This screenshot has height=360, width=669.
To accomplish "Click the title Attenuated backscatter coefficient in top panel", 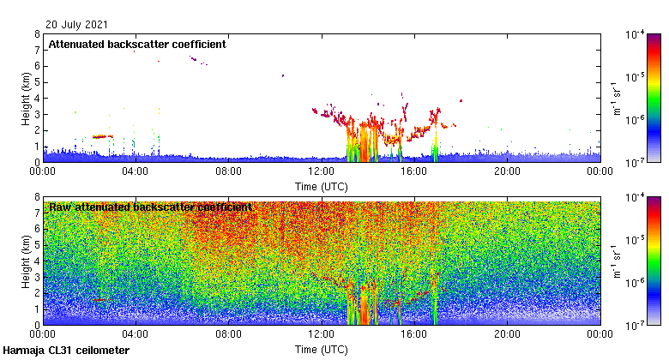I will point(136,44).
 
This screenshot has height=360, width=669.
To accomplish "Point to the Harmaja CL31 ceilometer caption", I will point(66,351).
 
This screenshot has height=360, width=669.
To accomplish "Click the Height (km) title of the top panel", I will point(26,98).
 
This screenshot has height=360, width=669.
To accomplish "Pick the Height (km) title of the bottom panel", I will point(26,261).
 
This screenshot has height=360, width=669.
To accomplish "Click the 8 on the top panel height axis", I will point(37,34).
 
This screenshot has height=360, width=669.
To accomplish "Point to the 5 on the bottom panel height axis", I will point(37,245).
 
